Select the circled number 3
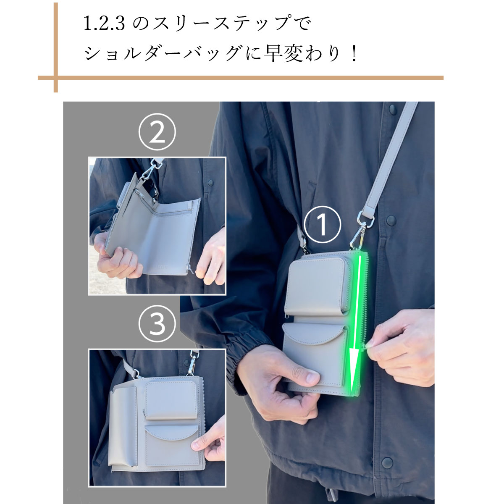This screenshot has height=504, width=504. (x=157, y=324)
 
